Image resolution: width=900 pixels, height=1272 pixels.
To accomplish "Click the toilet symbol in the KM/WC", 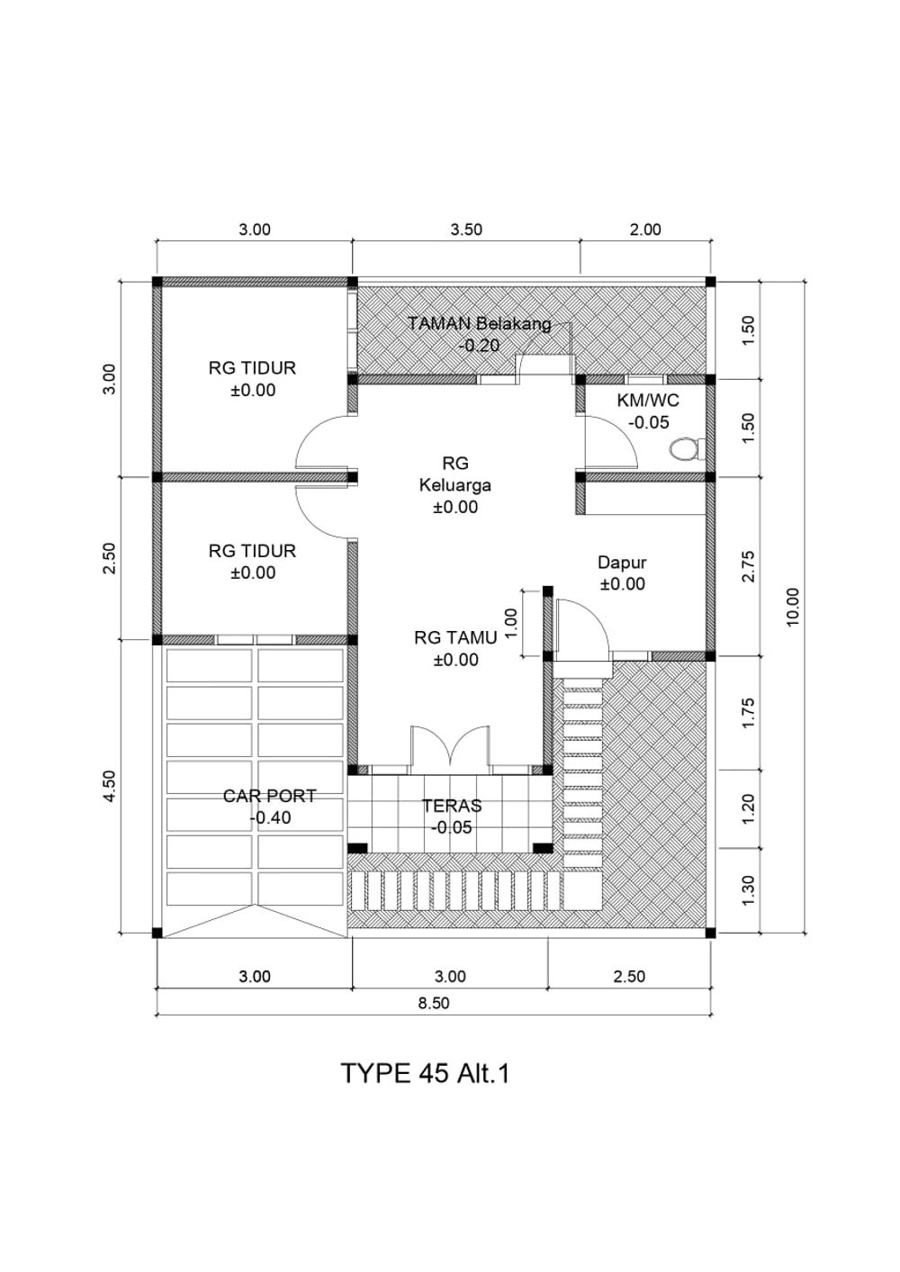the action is click(x=687, y=448).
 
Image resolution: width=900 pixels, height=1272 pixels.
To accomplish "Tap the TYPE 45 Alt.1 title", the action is click(x=424, y=1074).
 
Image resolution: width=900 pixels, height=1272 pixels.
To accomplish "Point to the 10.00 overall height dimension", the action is click(x=793, y=607).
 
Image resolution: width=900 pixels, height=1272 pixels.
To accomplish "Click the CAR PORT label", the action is click(x=269, y=796).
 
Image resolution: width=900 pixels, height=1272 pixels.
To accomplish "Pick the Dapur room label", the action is click(x=622, y=562).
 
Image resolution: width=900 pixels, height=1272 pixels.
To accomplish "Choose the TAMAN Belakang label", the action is click(x=479, y=324).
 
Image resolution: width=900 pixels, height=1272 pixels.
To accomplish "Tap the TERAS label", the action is click(x=452, y=805).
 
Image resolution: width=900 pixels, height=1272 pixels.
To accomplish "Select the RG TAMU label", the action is click(x=455, y=637).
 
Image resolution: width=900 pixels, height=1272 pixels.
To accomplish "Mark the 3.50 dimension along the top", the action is click(x=466, y=230).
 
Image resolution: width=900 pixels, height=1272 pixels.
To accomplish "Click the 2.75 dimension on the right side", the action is click(x=749, y=566).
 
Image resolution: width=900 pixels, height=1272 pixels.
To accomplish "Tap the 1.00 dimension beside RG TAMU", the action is click(x=510, y=623).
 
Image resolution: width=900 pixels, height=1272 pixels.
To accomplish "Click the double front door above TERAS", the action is click(x=450, y=749).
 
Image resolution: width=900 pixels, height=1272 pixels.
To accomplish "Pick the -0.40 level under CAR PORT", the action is click(x=270, y=817).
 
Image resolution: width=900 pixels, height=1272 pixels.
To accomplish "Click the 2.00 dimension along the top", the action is click(x=645, y=230).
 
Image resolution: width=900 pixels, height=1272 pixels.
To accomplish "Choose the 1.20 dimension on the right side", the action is click(x=749, y=808).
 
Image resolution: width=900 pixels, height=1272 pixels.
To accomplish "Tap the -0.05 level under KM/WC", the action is click(x=649, y=422).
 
